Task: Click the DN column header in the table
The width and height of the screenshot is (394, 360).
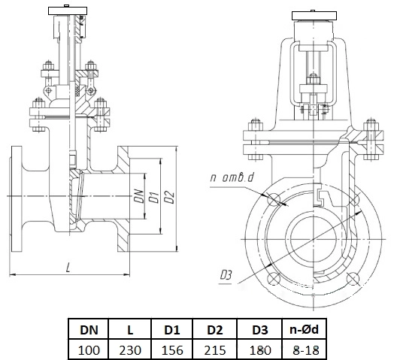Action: [x=89, y=330]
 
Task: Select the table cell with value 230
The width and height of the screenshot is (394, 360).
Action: [x=130, y=349]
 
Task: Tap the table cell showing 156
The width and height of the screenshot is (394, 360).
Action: [x=172, y=349]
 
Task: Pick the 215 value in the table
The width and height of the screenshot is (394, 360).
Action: [x=215, y=349]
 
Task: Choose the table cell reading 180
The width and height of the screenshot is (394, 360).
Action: [x=260, y=349]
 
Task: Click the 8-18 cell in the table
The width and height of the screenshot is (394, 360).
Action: [x=305, y=349]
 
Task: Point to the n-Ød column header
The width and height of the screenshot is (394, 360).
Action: [x=305, y=330]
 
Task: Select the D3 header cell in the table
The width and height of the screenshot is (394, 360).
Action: [x=260, y=330]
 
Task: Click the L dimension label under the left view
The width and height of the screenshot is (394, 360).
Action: [x=68, y=268]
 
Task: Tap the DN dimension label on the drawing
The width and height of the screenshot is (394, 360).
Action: [x=139, y=196]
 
